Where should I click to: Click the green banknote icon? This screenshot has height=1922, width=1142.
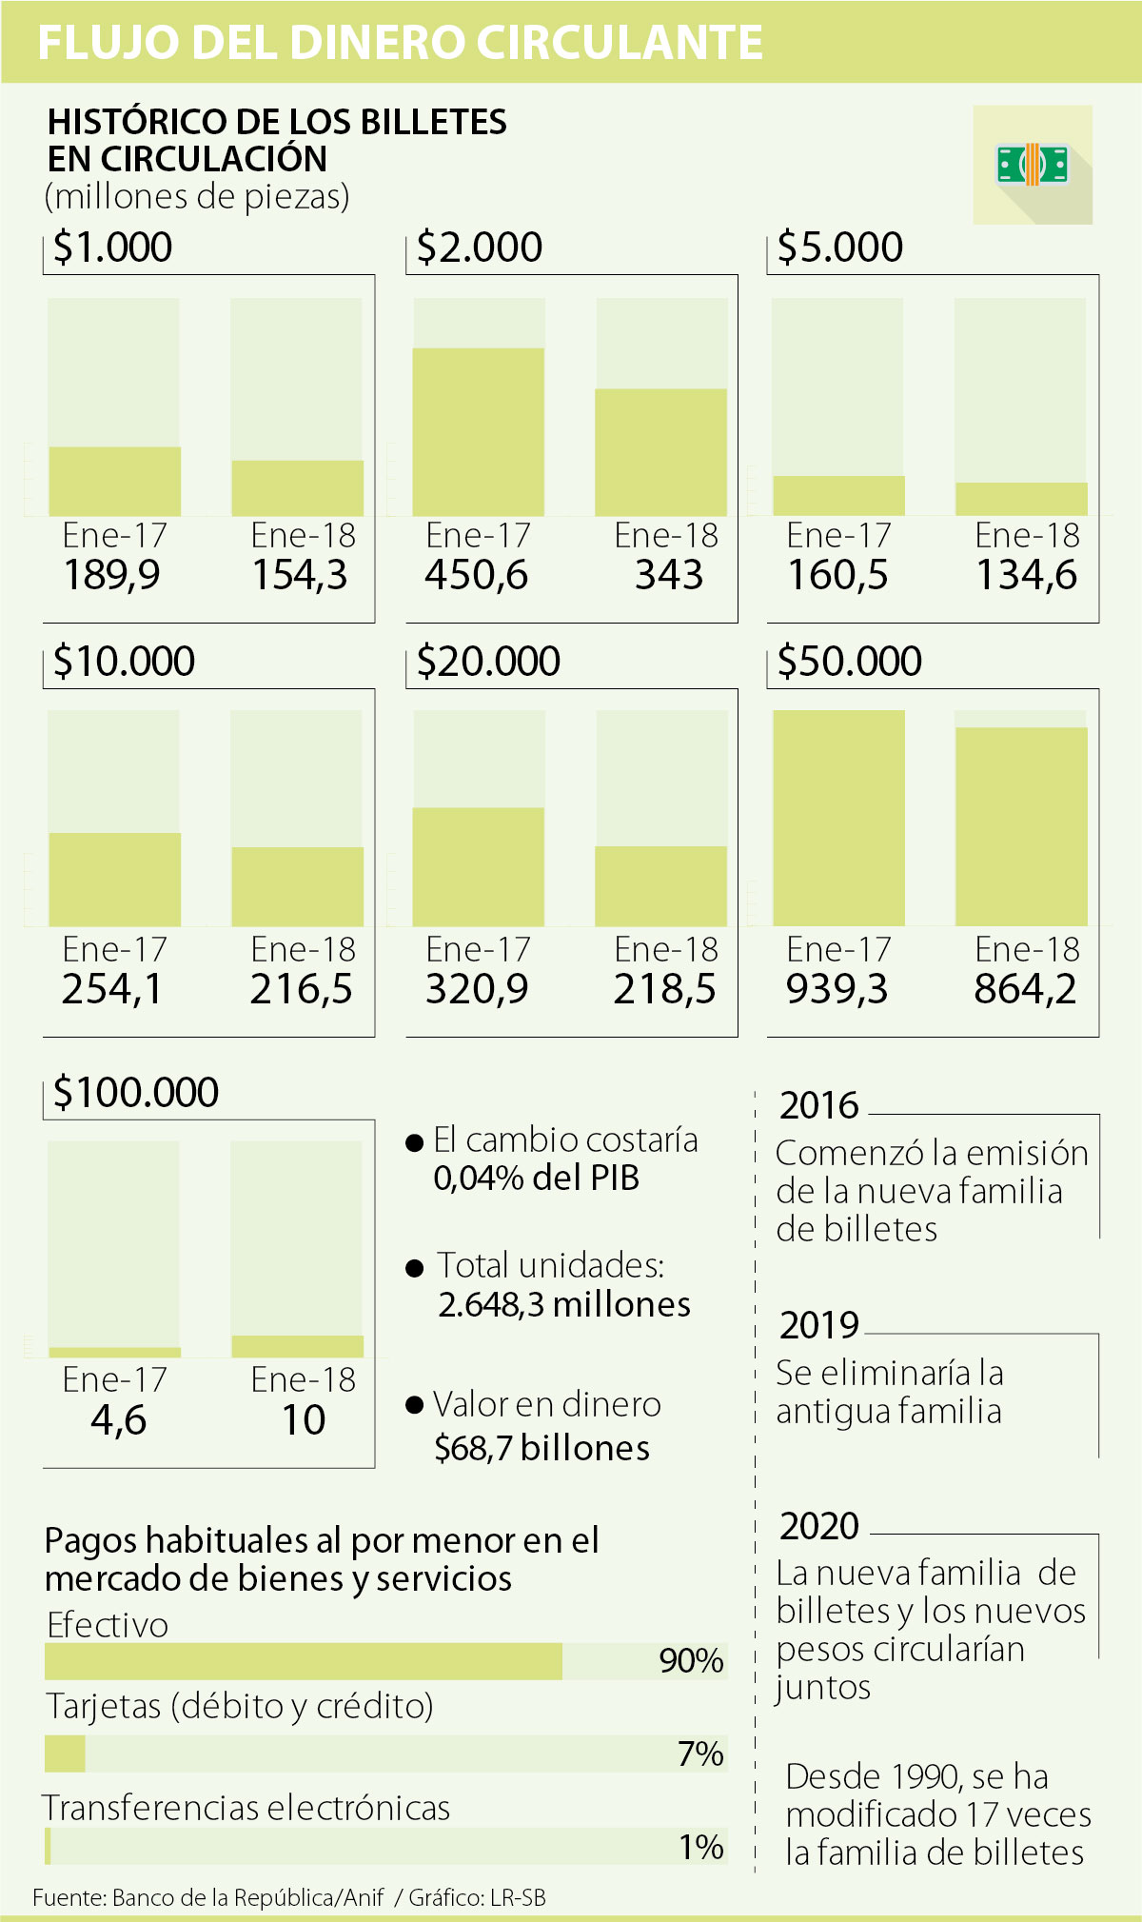[x=1032, y=165]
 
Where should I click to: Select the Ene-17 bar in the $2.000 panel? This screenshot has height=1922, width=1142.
[x=478, y=432]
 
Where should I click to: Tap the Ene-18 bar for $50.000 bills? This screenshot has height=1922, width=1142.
[x=1021, y=826]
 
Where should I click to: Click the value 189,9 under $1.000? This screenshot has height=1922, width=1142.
[x=112, y=575]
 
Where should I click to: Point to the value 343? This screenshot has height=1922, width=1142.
[x=669, y=575]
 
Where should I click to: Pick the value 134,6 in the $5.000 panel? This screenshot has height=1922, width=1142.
[x=1027, y=575]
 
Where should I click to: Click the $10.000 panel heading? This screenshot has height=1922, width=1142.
[x=124, y=662]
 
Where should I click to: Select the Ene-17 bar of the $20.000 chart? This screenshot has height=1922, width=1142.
[x=478, y=866]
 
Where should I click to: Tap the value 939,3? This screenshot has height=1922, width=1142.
[x=837, y=989]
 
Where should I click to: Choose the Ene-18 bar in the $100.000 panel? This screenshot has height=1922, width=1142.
[x=297, y=1346]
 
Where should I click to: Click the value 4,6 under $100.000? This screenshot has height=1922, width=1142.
[x=118, y=1420]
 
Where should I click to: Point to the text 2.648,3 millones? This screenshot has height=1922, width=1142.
[x=564, y=1304]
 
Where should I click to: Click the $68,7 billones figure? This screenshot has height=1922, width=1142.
[x=541, y=1448]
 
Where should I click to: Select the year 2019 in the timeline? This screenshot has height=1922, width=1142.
[x=818, y=1325]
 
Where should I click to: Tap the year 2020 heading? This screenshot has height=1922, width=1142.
[x=818, y=1526]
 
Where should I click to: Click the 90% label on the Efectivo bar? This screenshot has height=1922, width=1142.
[x=691, y=1661]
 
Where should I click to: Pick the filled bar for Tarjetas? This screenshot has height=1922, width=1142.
[x=65, y=1754]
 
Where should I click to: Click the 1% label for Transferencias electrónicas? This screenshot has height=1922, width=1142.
[x=701, y=1847]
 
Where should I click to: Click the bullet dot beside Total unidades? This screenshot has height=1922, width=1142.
[x=414, y=1268]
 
